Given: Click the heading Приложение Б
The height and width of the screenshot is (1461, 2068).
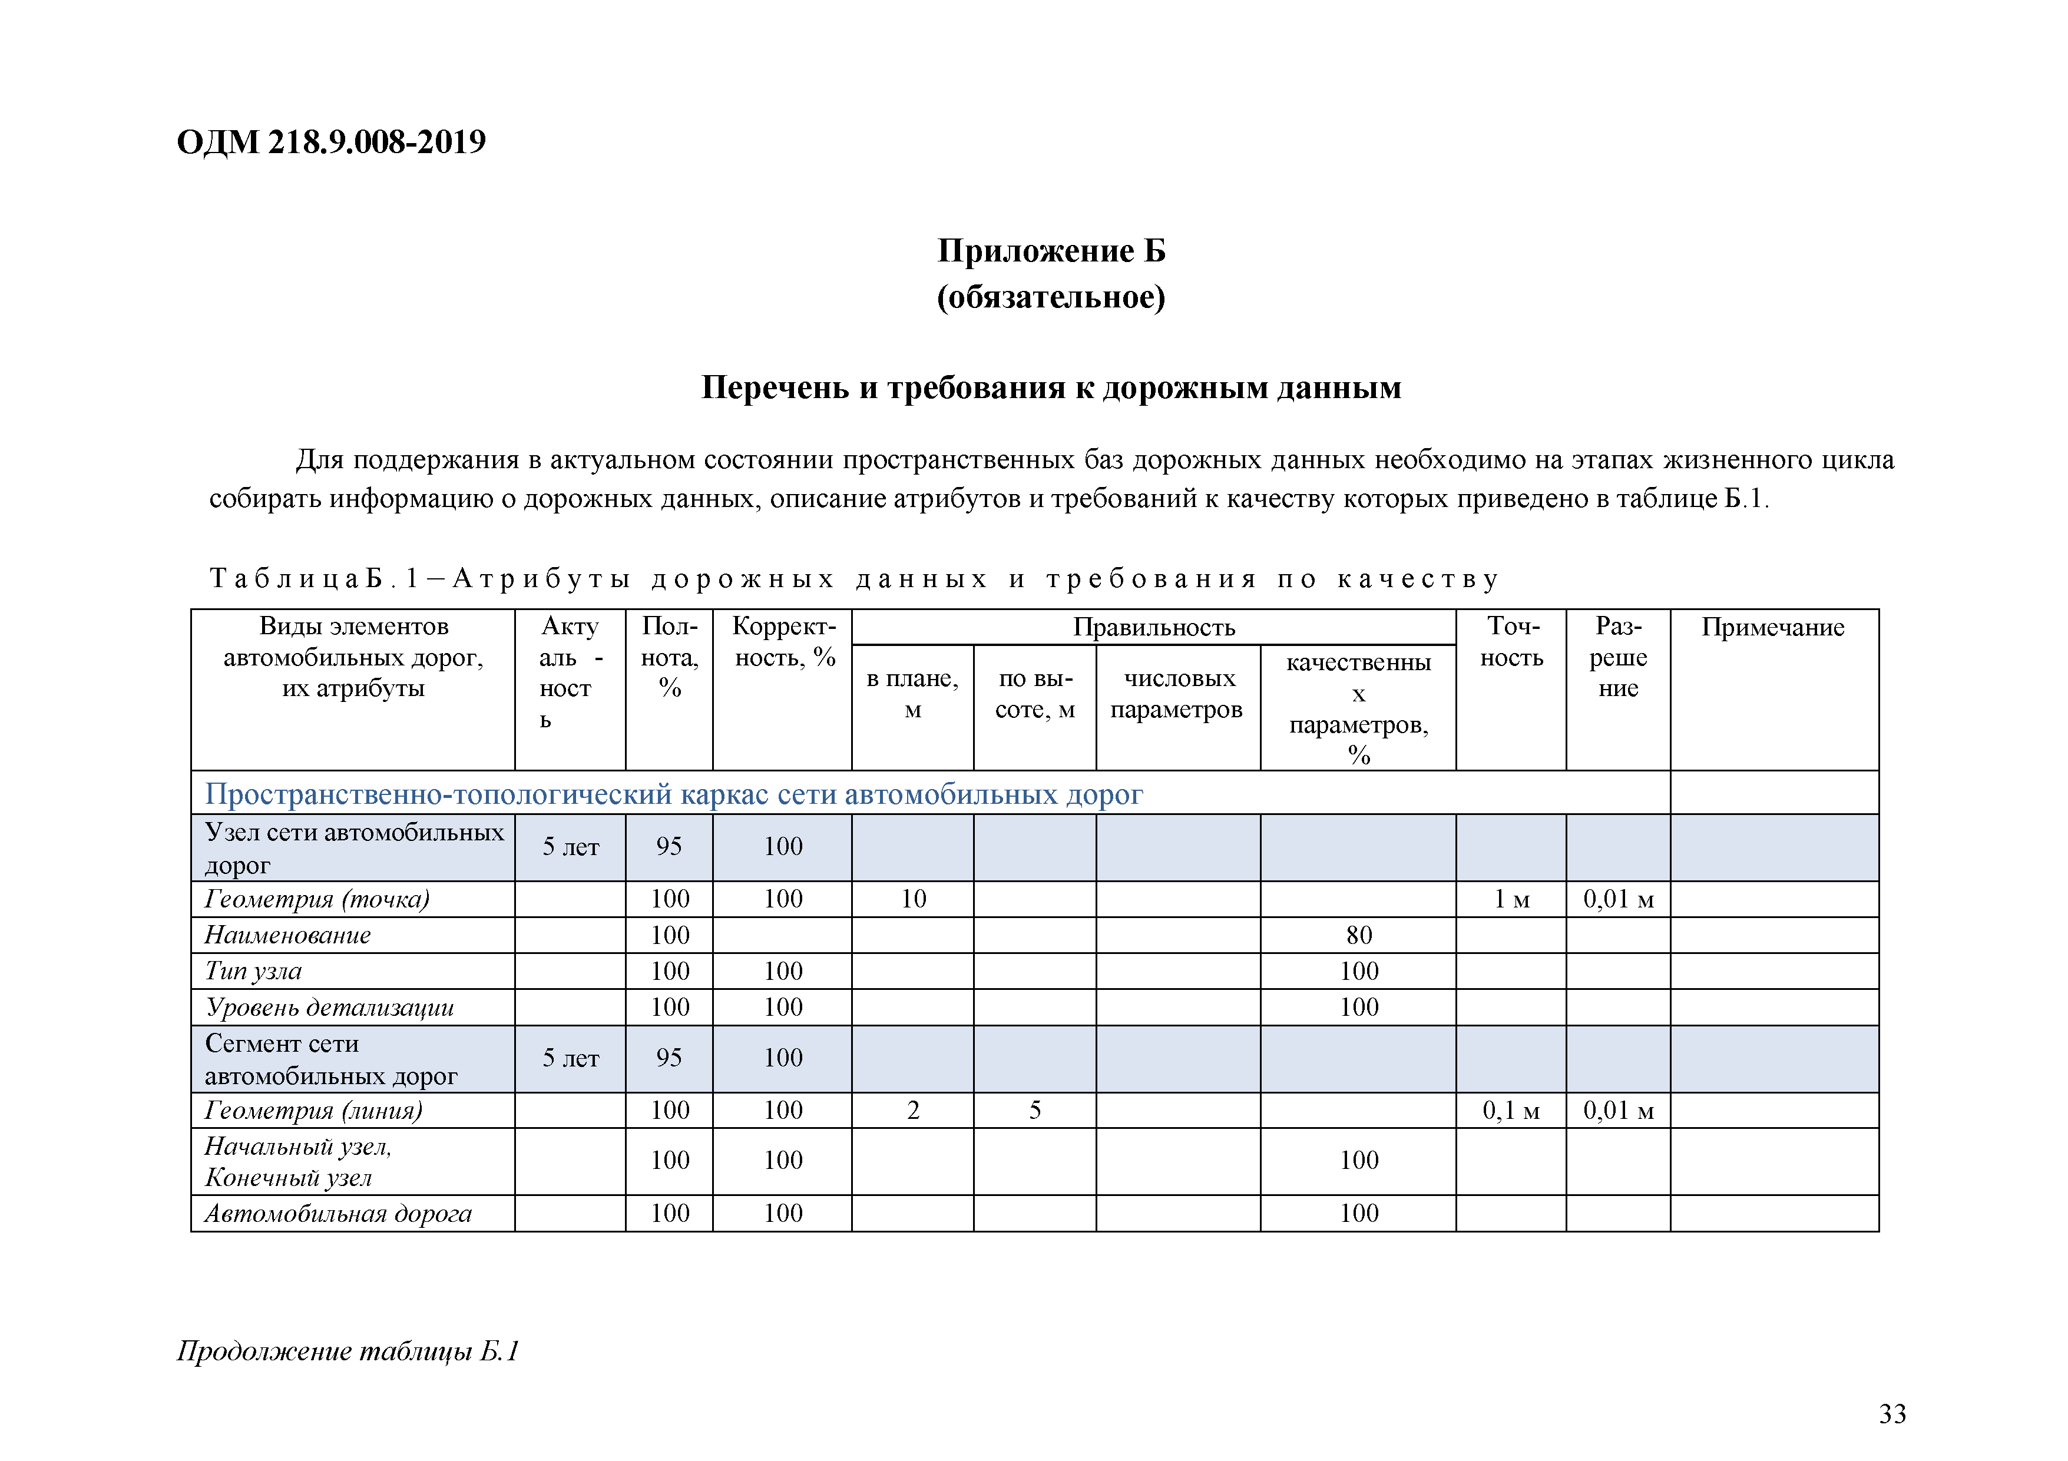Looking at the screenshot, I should point(1051,250).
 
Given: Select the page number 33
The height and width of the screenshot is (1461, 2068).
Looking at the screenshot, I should point(1892,1414).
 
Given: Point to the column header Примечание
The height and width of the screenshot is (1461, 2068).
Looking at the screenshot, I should point(1772,627).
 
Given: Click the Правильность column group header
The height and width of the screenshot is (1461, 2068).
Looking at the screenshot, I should point(1154,627).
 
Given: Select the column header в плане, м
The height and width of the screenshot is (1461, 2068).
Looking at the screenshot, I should point(912,694).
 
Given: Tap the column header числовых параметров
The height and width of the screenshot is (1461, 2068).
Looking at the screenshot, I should point(1177,694).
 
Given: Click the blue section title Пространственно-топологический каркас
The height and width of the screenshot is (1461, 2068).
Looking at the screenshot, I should point(674,794).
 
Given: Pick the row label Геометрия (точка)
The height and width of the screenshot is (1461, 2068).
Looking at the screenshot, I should point(317,899).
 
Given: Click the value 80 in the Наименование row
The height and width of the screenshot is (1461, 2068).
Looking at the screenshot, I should point(1358,935).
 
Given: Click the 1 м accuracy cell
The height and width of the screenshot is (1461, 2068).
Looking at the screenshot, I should point(1511,899).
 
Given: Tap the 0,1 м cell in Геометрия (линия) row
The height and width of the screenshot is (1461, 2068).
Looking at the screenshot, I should point(1511,1111).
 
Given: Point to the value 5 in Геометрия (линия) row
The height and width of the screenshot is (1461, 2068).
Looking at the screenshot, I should point(1035,1111).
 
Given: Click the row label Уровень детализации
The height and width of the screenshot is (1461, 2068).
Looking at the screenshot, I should point(329,1007).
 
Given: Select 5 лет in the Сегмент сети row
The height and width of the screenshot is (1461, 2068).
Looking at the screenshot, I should point(570,1058).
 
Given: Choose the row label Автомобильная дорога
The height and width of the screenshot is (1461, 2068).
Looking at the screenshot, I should point(338,1213).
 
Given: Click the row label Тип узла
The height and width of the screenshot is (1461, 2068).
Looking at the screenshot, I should point(253,971).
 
